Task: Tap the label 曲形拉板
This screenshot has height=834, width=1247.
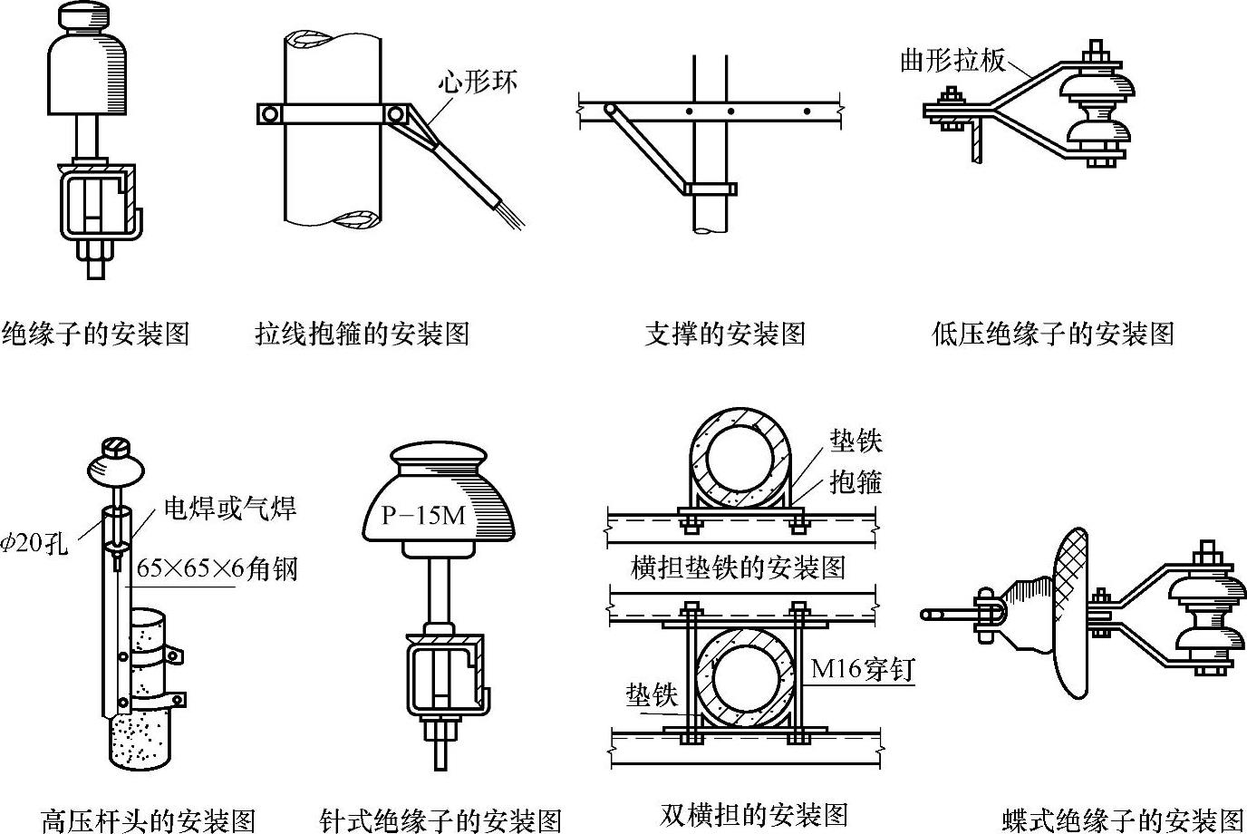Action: (x=952, y=61)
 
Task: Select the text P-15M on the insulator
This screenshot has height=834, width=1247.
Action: (x=422, y=516)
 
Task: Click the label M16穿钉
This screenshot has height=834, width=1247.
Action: (x=861, y=669)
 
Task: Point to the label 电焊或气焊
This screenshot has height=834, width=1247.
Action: (x=229, y=508)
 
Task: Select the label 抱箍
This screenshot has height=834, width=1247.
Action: (x=855, y=481)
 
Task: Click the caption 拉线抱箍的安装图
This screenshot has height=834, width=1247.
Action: (x=362, y=334)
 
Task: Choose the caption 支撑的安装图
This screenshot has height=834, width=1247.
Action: (x=724, y=334)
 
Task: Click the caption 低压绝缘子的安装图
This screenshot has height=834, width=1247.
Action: (x=1052, y=334)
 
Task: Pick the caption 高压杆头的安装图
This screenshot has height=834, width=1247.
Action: (x=149, y=820)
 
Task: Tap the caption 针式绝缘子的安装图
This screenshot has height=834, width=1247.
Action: (x=440, y=820)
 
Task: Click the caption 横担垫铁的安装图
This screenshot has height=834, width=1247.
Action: (x=738, y=567)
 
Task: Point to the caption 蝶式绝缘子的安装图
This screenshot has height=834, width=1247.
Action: (x=1123, y=820)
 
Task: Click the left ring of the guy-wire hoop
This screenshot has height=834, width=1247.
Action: (x=268, y=114)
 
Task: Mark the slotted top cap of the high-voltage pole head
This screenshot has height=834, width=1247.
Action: (x=115, y=447)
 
